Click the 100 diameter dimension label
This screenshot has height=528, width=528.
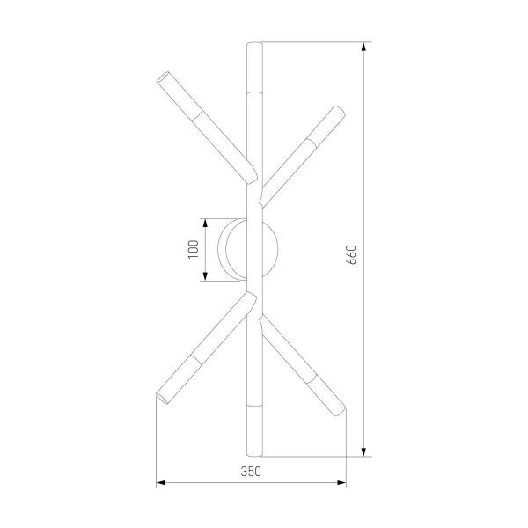pyautogui.click(x=193, y=249)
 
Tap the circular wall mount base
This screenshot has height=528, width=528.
pyautogui.click(x=253, y=249)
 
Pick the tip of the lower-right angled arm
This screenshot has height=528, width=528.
pyautogui.click(x=341, y=407)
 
